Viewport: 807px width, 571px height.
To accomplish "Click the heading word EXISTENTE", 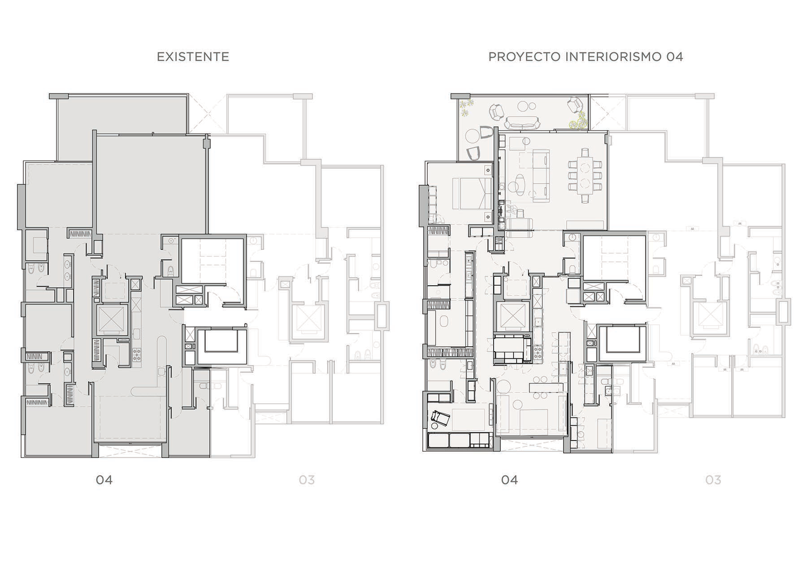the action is click(193, 57).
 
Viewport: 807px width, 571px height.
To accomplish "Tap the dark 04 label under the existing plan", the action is click(104, 480).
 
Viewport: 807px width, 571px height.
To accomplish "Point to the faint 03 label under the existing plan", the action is click(307, 480).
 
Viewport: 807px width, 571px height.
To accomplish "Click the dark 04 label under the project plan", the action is click(509, 480).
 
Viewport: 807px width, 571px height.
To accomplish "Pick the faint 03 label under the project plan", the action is click(713, 480).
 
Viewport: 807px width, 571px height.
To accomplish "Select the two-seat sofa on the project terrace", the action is click(522, 122).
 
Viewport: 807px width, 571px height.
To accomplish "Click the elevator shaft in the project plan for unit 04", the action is click(512, 317).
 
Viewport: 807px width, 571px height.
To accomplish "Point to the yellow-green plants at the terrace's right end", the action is click(578, 119).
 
